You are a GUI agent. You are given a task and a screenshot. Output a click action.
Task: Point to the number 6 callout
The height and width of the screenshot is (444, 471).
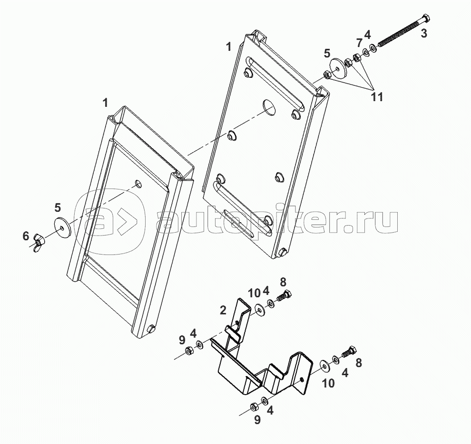27,236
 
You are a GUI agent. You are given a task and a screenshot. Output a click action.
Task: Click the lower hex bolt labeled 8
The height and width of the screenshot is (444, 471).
349,352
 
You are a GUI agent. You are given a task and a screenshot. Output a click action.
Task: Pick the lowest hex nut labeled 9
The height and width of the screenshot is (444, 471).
254,406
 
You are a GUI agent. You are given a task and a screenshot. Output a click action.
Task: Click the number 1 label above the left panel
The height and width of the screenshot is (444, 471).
105,102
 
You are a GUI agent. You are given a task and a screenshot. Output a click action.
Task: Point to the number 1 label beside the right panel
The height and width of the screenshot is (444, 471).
229,47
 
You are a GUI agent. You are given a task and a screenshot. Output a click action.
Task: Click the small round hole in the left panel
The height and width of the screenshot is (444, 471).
138,184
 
